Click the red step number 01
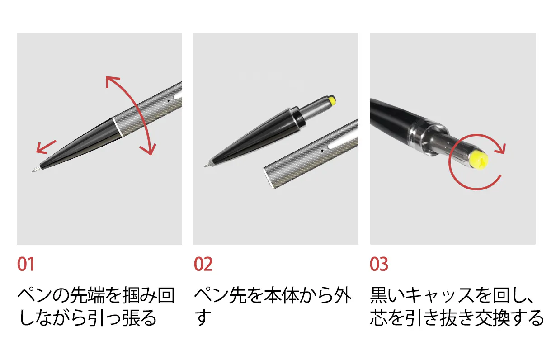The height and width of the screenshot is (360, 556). point(26,264)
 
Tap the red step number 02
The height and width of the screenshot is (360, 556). point(203,264)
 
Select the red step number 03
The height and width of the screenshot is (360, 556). point(379,264)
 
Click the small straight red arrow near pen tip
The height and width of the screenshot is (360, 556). point(46,147)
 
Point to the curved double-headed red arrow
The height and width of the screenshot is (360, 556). point(139,109)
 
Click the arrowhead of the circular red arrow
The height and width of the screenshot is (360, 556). point(500,149)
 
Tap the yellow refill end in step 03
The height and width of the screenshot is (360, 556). point(479,160)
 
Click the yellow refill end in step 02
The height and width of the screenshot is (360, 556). point(332,101)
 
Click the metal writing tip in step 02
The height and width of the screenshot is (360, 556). point(208,165)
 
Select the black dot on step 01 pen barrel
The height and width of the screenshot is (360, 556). point(169,101)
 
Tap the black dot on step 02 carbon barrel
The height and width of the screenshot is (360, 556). point(322,151)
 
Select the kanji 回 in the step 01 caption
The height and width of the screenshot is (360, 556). point(166,295)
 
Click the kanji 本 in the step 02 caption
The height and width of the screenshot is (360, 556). point(273,295)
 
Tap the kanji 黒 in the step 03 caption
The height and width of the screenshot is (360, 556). point(379,295)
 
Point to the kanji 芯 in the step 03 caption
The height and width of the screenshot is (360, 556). point(379,317)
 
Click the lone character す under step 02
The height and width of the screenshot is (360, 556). point(203,317)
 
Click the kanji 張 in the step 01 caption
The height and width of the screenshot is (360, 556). point(131,317)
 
